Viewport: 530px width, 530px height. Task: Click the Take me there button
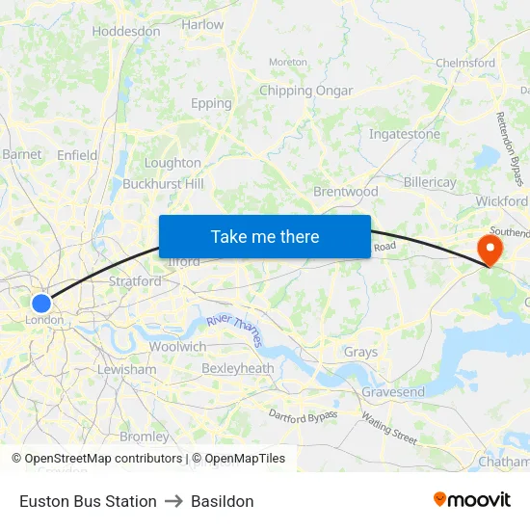[264, 236]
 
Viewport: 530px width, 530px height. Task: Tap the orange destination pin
[490, 251]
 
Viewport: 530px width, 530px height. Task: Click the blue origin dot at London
[40, 304]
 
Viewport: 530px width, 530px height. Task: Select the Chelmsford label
[465, 63]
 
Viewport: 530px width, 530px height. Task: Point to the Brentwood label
[346, 192]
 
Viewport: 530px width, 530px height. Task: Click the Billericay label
[430, 182]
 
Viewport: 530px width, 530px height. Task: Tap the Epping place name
[211, 103]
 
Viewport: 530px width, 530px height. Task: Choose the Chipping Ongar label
[306, 91]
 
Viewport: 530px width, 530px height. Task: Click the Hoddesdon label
[126, 31]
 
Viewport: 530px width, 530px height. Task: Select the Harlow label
[202, 24]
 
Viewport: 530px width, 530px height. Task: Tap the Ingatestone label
[405, 134]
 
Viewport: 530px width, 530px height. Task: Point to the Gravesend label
[393, 392]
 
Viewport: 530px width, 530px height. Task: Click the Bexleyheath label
[238, 368]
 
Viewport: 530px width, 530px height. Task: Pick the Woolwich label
[177, 346]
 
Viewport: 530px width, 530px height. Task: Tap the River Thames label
[234, 330]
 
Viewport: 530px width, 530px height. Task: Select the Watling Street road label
[389, 427]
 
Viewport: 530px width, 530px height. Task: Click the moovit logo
[472, 500]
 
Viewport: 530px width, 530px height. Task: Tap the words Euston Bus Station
[88, 501]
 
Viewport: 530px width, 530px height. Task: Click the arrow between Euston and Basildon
[173, 501]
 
